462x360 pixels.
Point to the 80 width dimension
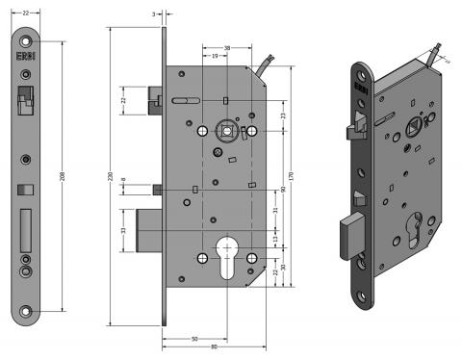213,347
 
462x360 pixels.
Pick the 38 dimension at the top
226,47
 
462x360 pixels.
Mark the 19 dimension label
217,57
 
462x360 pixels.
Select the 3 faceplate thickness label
153,14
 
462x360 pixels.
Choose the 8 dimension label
124,181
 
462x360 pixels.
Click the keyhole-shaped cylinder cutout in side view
227,258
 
